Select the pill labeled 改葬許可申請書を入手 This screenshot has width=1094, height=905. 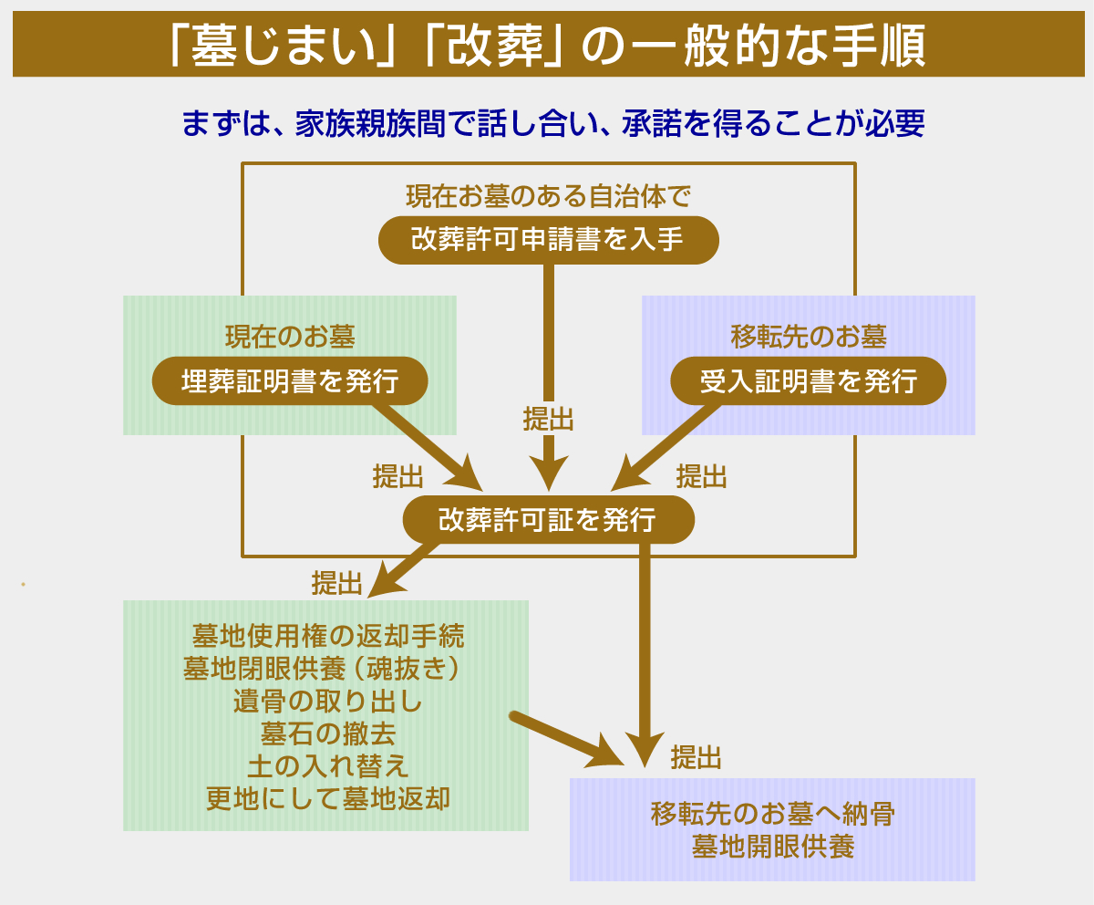click(548, 240)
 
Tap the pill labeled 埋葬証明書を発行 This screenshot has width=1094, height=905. click(289, 380)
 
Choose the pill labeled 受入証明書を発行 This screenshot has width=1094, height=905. click(808, 380)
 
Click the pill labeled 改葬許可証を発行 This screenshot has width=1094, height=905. click(548, 520)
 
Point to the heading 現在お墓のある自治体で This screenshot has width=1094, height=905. click(548, 195)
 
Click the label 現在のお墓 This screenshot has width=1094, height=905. click(289, 337)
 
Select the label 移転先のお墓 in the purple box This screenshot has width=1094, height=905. click(808, 337)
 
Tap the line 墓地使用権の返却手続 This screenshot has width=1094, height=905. click(326, 634)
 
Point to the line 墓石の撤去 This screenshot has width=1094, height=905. click(326, 733)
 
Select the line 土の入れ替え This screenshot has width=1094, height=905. click(326, 766)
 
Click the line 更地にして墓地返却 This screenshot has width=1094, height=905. click(326, 799)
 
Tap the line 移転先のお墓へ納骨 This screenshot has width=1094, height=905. click(772, 814)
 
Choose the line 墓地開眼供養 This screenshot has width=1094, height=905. click(772, 847)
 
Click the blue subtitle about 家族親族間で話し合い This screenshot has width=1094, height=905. click(552, 123)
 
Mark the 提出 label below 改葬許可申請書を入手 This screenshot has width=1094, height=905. click(548, 420)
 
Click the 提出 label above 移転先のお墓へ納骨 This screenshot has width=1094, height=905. click(697, 757)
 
